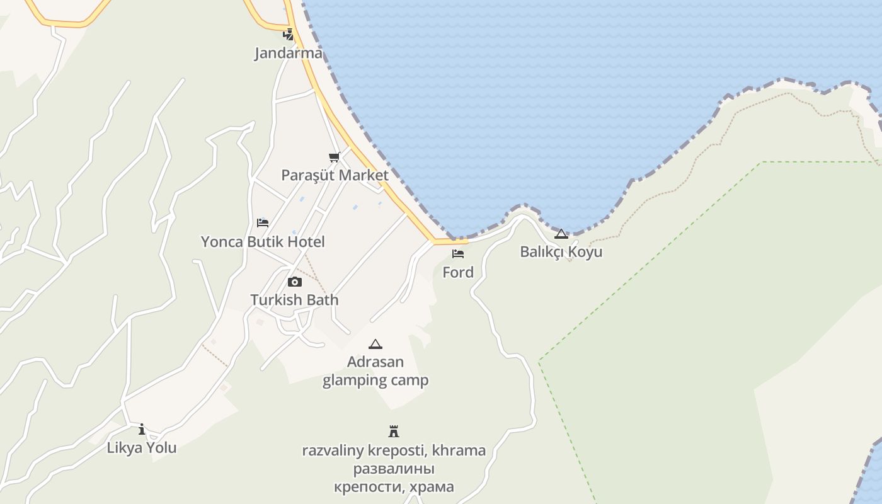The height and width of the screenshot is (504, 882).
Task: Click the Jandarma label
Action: (x=288, y=53)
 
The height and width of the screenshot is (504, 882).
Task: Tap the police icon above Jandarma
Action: (x=288, y=35)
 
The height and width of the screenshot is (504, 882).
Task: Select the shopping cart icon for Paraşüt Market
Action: (x=334, y=157)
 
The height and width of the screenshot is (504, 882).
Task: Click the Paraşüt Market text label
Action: (x=335, y=175)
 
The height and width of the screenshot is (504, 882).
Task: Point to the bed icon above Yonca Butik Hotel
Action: (x=263, y=222)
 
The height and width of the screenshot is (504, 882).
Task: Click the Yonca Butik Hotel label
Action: (x=263, y=241)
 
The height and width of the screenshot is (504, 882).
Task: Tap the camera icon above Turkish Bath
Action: (x=294, y=282)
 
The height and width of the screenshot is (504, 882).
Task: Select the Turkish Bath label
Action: (x=294, y=300)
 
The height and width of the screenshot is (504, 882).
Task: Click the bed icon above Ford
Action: (x=458, y=254)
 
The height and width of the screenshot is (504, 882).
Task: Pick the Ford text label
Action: (x=458, y=272)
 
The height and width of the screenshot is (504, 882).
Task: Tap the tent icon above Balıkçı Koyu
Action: (x=561, y=234)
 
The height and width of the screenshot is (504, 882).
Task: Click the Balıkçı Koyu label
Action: (x=561, y=252)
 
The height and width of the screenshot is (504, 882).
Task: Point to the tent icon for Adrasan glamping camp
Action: (x=375, y=344)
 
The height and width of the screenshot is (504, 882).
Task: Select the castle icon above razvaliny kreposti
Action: (x=394, y=432)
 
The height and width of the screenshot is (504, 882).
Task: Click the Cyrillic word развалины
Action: (x=394, y=469)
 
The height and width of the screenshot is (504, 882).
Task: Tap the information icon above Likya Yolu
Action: (x=142, y=429)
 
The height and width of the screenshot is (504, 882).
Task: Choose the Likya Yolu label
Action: (x=142, y=448)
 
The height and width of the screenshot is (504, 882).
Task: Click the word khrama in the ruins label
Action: (x=459, y=450)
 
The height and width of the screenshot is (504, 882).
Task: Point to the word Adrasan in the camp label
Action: (x=375, y=362)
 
